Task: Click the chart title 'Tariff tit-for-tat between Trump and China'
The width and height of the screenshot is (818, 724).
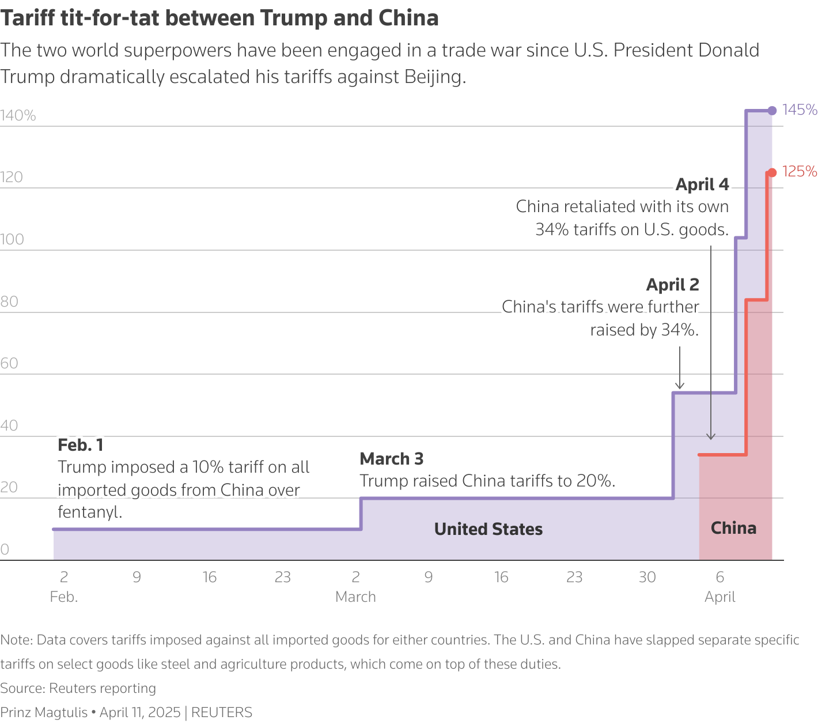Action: click(x=219, y=18)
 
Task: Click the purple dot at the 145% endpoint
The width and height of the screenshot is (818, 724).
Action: click(x=772, y=111)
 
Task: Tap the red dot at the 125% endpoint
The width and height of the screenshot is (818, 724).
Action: click(x=771, y=172)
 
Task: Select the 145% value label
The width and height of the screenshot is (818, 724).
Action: click(x=800, y=110)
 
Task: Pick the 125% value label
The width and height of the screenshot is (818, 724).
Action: click(x=800, y=171)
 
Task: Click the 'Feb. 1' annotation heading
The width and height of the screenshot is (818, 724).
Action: click(x=81, y=445)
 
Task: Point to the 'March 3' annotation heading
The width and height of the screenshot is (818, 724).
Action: click(x=391, y=459)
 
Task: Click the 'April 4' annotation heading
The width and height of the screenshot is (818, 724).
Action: click(x=702, y=184)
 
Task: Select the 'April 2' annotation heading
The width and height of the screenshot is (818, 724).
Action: click(x=672, y=285)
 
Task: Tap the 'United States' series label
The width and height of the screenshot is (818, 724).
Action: click(x=488, y=529)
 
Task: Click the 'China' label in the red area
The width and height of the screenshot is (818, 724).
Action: click(x=733, y=528)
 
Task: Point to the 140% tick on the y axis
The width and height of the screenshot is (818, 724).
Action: click(x=18, y=116)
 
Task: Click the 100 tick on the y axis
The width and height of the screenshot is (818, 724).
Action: click(x=12, y=239)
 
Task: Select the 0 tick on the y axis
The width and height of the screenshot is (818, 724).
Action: click(x=5, y=549)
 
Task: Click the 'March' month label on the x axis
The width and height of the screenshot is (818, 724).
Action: click(x=355, y=597)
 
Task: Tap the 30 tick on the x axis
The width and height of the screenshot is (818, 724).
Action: click(x=647, y=577)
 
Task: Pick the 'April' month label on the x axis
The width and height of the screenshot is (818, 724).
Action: click(x=719, y=597)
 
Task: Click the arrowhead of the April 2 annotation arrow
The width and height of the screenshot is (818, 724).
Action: click(x=679, y=386)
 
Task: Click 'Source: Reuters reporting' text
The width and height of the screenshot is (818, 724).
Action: click(x=78, y=688)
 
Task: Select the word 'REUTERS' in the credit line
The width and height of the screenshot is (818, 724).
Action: click(x=222, y=712)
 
